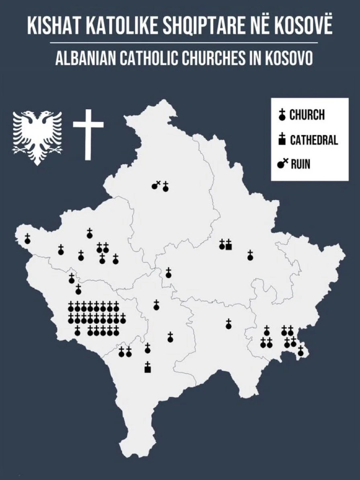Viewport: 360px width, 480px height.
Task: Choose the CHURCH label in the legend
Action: coord(307,115)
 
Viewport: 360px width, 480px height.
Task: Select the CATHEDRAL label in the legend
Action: coord(314,140)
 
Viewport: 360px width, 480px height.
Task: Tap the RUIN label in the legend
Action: coord(300,164)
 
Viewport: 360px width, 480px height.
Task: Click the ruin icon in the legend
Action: coord(282,164)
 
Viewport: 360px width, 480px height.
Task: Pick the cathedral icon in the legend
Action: coord(282,139)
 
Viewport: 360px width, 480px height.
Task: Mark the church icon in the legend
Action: coord(282,115)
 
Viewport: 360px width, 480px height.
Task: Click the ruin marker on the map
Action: coord(155,186)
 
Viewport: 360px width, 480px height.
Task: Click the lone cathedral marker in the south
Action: coord(147,367)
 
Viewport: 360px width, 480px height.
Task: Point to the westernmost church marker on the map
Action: coord(27,239)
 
